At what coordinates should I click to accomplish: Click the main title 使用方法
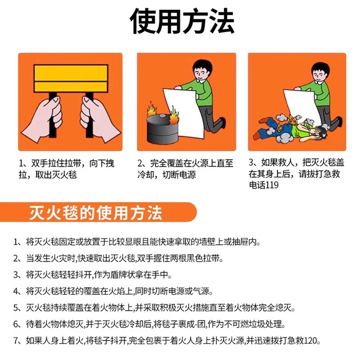point(182,22)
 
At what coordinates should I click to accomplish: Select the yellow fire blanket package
point(71,78)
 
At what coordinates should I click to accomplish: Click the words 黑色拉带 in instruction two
point(204,259)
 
